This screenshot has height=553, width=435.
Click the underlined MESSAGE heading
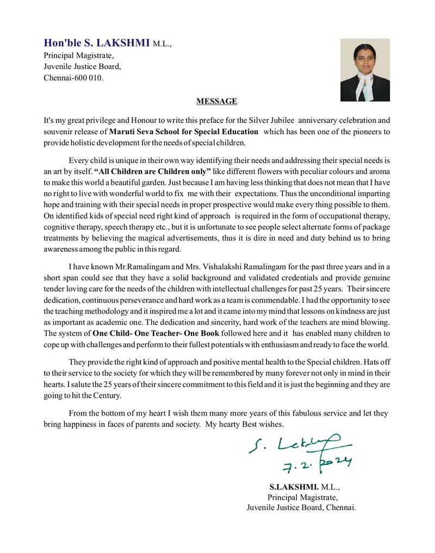(216, 101)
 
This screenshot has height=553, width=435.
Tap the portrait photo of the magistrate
(365, 70)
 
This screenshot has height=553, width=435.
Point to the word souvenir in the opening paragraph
(60, 131)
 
